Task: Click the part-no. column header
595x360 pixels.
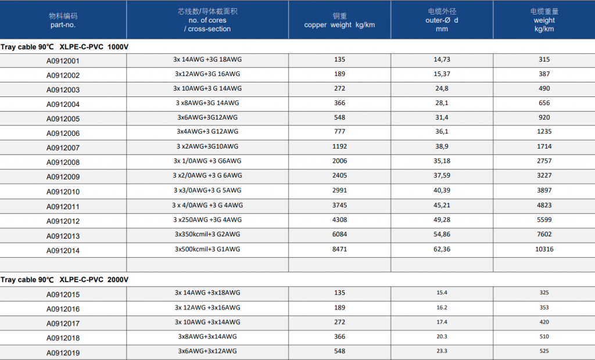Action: tap(63, 20)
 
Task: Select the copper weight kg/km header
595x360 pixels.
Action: tap(339, 20)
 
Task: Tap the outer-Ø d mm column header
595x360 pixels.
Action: tap(442, 20)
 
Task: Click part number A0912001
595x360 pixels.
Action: tap(63, 61)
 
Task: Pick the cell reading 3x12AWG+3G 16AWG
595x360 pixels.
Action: tap(207, 74)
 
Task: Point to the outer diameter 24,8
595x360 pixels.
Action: tap(442, 88)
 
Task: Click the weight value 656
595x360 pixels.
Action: tap(544, 103)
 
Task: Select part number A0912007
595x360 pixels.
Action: tap(63, 148)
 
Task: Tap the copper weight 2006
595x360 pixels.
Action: tap(339, 161)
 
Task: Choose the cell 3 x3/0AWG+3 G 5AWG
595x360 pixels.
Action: tap(207, 190)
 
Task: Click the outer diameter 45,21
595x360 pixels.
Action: tap(442, 205)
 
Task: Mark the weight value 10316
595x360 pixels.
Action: tap(544, 249)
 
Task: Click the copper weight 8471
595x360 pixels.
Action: tap(339, 249)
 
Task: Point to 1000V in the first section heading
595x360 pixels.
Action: tap(117, 47)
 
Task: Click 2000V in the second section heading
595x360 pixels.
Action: tap(117, 280)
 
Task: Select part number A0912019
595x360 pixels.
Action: tap(63, 353)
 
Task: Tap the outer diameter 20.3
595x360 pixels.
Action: tap(442, 336)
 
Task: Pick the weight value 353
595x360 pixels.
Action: tap(544, 308)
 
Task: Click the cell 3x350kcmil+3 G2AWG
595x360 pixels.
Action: tap(207, 235)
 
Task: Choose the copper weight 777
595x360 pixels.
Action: tap(339, 132)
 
